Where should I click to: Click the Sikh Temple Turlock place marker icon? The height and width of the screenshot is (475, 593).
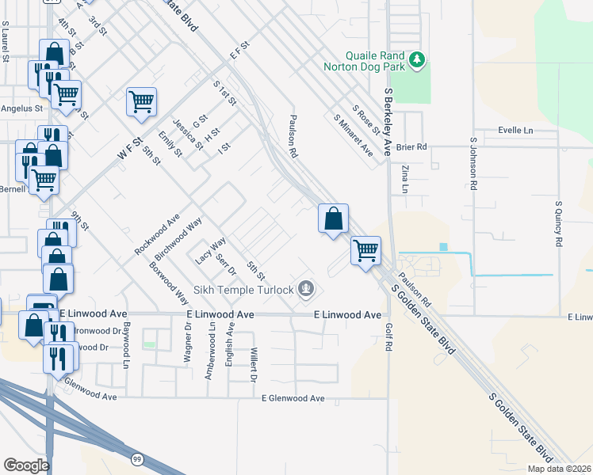[306, 290]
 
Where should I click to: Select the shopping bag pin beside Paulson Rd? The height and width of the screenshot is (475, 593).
[333, 218]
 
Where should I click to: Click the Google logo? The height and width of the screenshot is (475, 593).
[26, 465]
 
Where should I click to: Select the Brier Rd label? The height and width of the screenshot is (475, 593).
[411, 146]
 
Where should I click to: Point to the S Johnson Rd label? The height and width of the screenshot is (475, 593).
[473, 166]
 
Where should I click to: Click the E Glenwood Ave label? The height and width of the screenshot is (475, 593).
[293, 398]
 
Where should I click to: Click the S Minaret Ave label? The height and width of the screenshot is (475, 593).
[353, 135]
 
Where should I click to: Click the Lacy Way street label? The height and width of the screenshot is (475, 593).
[210, 251]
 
